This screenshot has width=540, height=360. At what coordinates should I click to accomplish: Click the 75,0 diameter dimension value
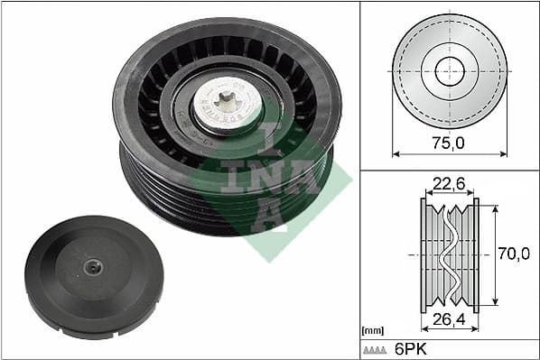point(449,142)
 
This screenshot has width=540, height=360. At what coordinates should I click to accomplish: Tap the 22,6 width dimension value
point(449,184)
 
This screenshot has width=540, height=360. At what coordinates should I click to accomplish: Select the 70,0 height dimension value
point(513,254)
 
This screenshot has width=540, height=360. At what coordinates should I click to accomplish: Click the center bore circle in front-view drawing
point(449,70)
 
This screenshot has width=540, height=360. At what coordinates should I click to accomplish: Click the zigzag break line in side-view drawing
point(449,255)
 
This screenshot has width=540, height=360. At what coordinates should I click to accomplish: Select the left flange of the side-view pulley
point(424,255)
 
